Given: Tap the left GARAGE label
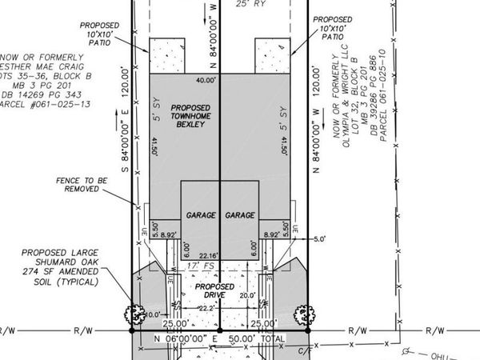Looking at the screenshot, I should pos(200,216).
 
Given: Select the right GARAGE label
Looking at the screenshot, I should pos(240,216).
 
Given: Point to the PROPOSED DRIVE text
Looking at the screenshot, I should pos(215,291).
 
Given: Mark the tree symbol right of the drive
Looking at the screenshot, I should pos(302,313).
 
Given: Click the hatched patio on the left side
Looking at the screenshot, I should pos(165,55).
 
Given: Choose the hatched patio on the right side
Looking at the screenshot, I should pos(273,55).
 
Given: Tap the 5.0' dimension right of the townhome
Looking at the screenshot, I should pos(320,238).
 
